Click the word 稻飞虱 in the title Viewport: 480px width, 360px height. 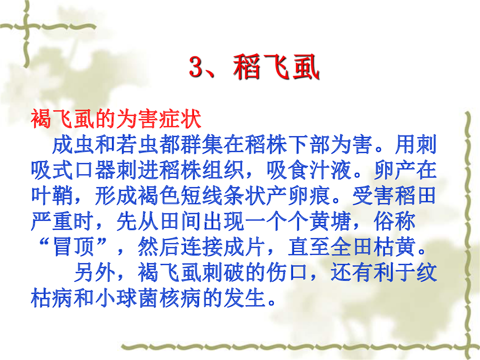(276, 67)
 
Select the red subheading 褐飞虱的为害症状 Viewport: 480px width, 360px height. (116, 119)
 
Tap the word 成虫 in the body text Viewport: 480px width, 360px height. (73, 144)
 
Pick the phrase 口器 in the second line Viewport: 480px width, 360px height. (94, 170)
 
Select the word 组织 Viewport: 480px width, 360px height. (223, 170)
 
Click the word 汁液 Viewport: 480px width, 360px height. (330, 170)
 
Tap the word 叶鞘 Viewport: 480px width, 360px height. (51, 196)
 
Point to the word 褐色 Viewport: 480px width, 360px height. (159, 196)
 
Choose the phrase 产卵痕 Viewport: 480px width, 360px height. (298, 196)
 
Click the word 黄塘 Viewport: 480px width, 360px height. (330, 221)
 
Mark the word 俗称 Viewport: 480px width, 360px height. (394, 221)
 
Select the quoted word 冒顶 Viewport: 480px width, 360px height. (73, 247)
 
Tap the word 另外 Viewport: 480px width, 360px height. (94, 272)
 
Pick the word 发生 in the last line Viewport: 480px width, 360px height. (244, 298)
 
